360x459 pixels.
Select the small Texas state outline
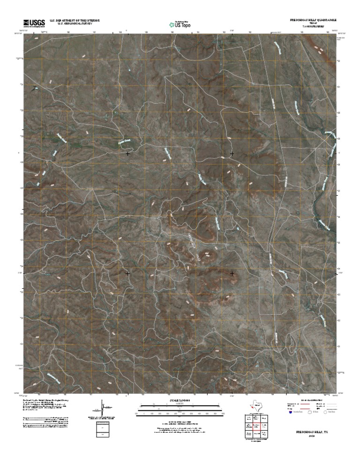257,405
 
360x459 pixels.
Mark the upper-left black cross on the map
128,153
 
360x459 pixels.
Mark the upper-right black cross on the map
232,153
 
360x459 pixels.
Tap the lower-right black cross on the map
232,272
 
